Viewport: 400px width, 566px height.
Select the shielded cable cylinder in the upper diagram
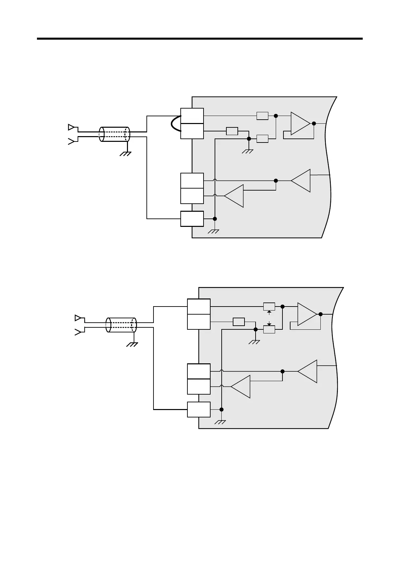tap(115, 134)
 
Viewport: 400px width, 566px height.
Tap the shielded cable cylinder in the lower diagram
tap(121, 325)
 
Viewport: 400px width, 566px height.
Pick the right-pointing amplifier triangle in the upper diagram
tap(300, 123)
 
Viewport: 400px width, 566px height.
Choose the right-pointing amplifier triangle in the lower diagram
tap(307, 314)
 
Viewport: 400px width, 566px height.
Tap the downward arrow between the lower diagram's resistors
tap(269, 323)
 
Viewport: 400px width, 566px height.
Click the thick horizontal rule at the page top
tap(200, 39)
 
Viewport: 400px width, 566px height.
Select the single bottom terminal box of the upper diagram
tap(192, 219)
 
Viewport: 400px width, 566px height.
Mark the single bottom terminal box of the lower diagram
tap(199, 409)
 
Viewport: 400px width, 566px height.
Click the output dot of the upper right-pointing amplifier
tap(314, 123)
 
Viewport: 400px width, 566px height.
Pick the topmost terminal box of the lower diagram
tap(199, 307)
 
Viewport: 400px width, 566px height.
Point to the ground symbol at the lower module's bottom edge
tap(221, 422)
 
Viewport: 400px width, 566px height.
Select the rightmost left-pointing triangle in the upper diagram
tap(301, 180)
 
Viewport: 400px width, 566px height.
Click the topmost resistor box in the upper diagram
tap(262, 116)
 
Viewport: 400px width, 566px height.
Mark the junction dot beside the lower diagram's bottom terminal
tap(222, 409)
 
